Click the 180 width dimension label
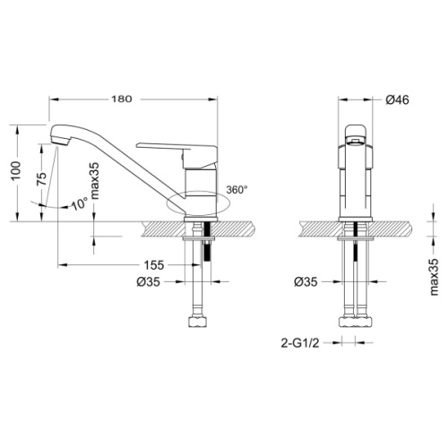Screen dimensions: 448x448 [x=122, y=99]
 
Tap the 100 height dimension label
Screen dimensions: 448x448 [x=15, y=171]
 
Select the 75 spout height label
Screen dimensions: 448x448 [x=42, y=178]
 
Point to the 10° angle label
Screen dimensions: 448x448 [x=80, y=204]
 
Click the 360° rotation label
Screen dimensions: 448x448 [x=237, y=190]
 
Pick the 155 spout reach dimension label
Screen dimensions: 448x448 [x=154, y=265]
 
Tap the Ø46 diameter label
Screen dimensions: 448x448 [x=397, y=99]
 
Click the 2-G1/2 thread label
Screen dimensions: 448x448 [x=300, y=343]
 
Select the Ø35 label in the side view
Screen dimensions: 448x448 [x=149, y=281]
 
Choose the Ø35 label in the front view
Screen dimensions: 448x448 [x=306, y=281]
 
